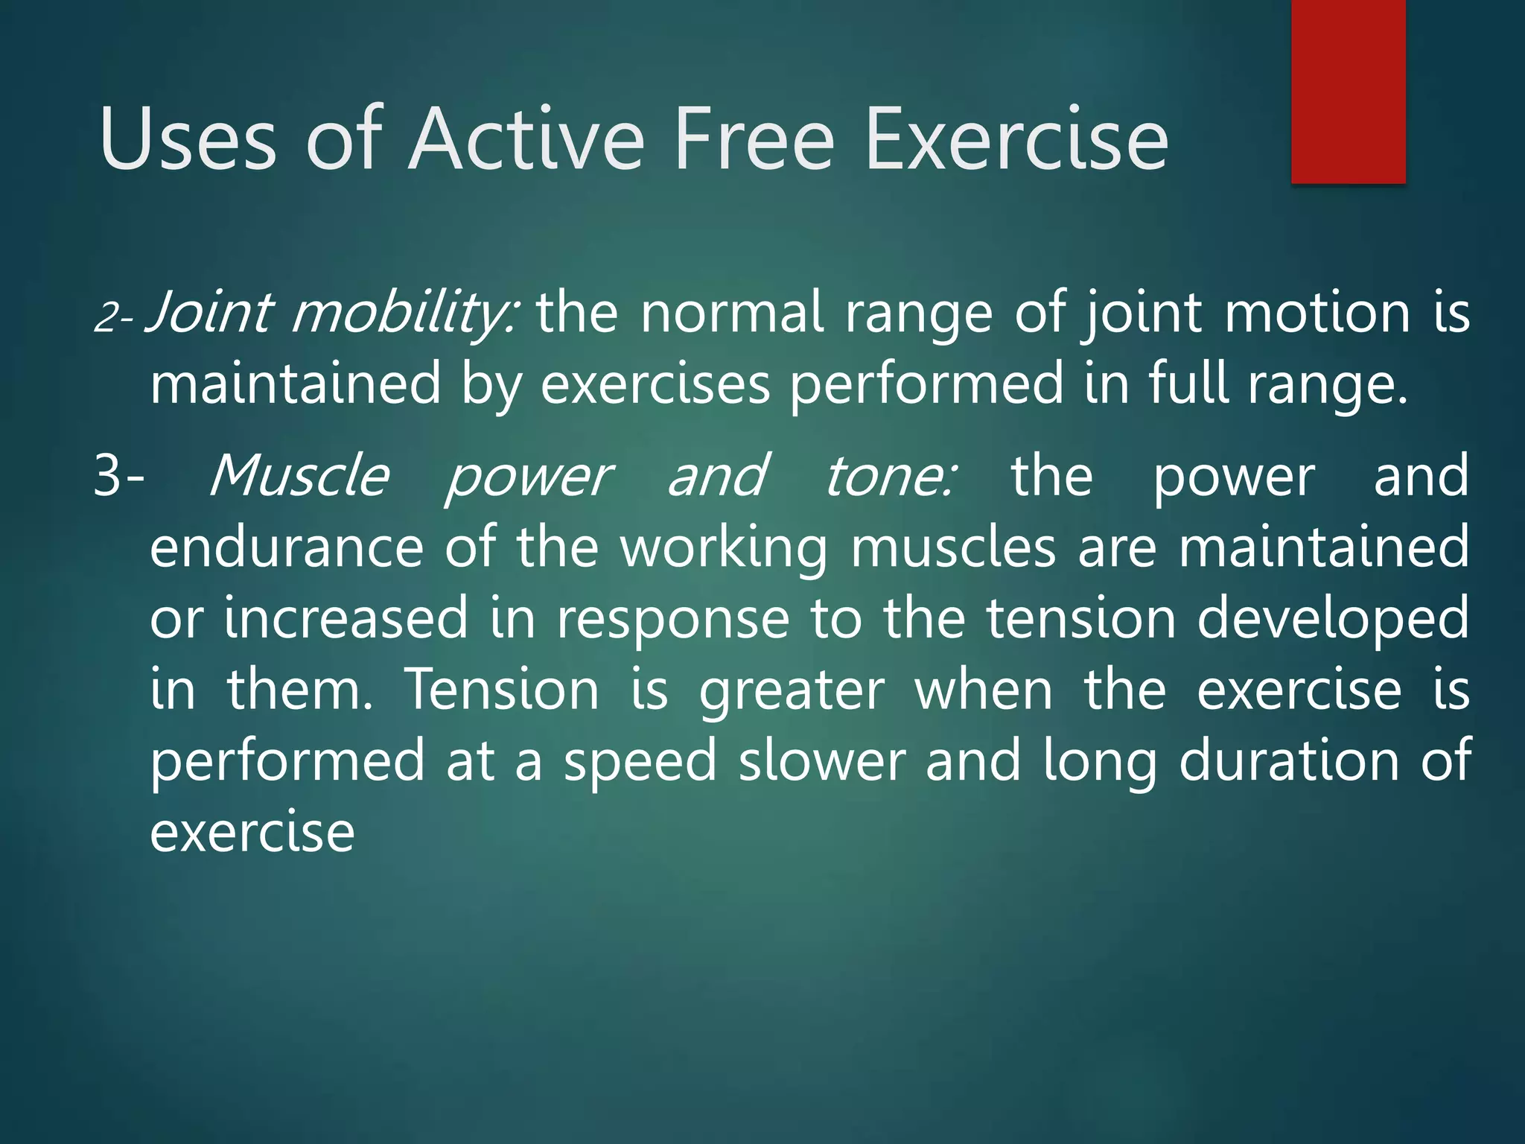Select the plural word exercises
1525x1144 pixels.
coord(655,384)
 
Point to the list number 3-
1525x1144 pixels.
coord(119,477)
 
